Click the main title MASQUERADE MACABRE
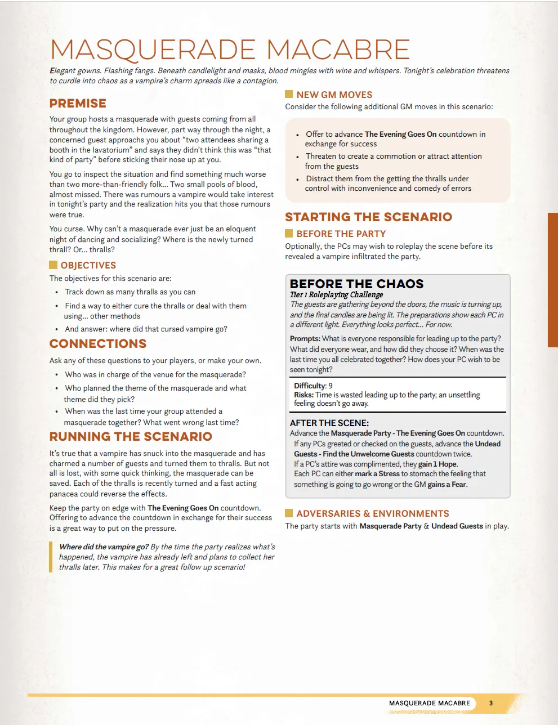point(230,50)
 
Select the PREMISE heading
point(78,104)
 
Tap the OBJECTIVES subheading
point(88,265)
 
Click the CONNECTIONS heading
point(98,344)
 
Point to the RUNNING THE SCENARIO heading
point(131,437)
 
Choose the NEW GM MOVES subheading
point(334,95)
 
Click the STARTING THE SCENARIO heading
point(368,217)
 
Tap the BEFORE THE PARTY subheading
point(341,234)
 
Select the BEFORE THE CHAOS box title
point(356,284)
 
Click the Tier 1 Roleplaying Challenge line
point(336,294)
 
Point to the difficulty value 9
point(331,386)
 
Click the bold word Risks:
point(303,395)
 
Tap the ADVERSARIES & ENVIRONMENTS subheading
point(372,513)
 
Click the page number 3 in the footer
point(491,703)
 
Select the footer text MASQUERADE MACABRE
point(429,703)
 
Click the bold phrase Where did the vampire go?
point(104,547)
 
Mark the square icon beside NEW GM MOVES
point(289,94)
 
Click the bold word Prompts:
point(305,339)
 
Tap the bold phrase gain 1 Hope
point(437,464)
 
